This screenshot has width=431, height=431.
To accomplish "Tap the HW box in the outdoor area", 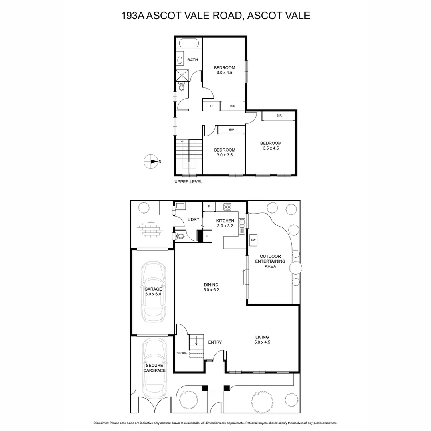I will click(x=253, y=240).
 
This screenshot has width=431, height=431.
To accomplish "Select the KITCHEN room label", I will click(x=225, y=221).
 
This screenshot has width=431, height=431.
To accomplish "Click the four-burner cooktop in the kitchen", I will click(x=227, y=207).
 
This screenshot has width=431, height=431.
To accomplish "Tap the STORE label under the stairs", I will click(x=182, y=353).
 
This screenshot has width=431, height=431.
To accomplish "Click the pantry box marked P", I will click(x=209, y=206).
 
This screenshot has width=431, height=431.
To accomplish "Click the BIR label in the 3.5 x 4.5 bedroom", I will click(x=279, y=116).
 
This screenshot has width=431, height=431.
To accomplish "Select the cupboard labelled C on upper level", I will click(x=211, y=106).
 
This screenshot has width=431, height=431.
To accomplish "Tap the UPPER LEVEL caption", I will click(x=188, y=182).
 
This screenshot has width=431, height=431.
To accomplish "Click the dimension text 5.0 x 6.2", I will click(x=211, y=290).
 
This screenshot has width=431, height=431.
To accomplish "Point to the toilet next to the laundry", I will click(x=180, y=236).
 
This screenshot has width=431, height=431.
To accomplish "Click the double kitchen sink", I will click(x=241, y=226).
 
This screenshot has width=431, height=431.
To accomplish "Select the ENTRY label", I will click(x=215, y=342).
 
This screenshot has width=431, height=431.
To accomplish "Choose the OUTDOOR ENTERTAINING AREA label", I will click(x=273, y=261).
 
